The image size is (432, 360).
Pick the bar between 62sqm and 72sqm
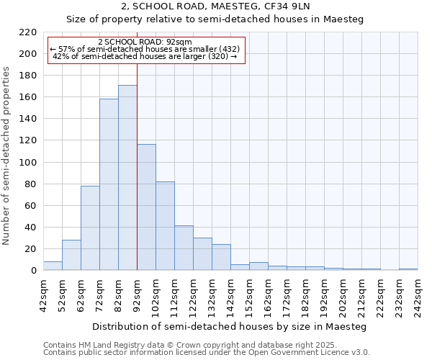click(90, 228)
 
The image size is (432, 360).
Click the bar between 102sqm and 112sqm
click(165, 226)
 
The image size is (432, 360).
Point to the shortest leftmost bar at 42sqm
click(53, 266)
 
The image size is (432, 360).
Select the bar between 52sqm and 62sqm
click(71, 256)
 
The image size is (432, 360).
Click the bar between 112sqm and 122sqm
click(184, 248)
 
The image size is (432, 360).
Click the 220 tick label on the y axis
click(27, 32)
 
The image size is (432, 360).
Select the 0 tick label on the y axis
click(33, 271)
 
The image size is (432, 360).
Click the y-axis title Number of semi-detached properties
click(7, 156)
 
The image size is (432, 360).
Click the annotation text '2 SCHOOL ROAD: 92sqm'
click(145, 42)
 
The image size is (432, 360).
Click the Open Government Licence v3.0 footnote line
click(207, 352)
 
